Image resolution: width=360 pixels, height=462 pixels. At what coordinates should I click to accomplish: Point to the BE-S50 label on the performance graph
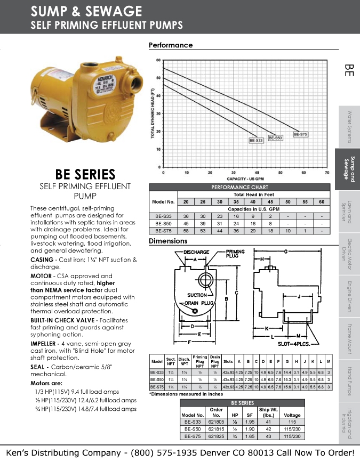coord(275,137)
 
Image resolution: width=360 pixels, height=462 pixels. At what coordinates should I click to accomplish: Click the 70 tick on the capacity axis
coord(327,172)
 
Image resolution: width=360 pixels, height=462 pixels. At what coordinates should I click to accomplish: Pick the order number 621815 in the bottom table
coord(216,428)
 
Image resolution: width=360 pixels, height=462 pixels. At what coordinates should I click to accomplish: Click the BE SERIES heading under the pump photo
coord(85,174)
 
